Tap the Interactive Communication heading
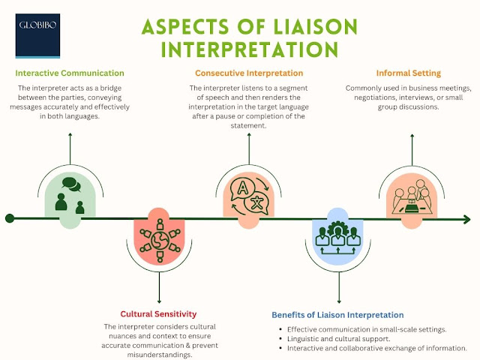(70, 73)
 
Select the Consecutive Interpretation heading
(249, 73)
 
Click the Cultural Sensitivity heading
(158, 313)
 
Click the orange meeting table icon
(412, 196)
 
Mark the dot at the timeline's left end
(10, 218)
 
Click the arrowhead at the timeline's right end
(469, 218)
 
